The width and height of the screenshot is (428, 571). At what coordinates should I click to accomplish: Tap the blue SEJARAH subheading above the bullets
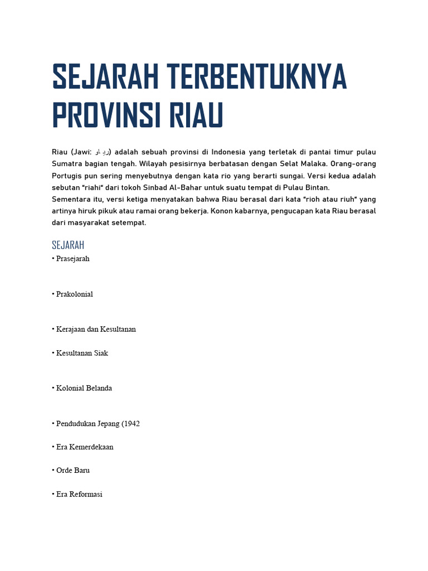click(68, 245)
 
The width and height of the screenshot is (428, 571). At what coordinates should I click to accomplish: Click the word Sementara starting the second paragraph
click(74, 199)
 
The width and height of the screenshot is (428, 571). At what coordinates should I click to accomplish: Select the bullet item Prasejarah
click(72, 259)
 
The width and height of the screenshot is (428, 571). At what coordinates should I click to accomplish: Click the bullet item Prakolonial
click(74, 294)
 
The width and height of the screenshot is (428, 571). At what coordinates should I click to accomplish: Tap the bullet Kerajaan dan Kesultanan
click(96, 329)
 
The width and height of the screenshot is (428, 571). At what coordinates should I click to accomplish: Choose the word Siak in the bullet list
click(101, 353)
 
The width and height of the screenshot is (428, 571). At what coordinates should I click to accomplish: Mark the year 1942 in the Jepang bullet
click(132, 424)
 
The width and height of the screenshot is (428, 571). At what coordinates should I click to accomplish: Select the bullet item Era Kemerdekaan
click(85, 447)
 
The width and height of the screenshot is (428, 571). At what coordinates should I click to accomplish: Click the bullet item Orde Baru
click(72, 471)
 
